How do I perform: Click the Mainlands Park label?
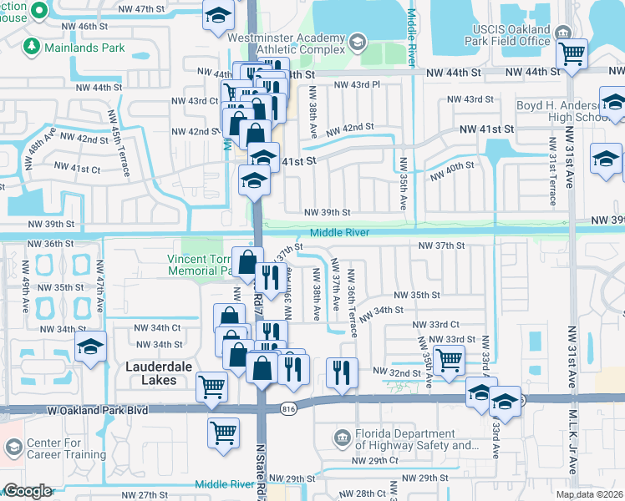coord(85,48)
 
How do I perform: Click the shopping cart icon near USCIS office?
coord(572,54)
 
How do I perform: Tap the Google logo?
coord(28,491)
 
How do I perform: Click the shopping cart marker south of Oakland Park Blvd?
coord(223,432)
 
